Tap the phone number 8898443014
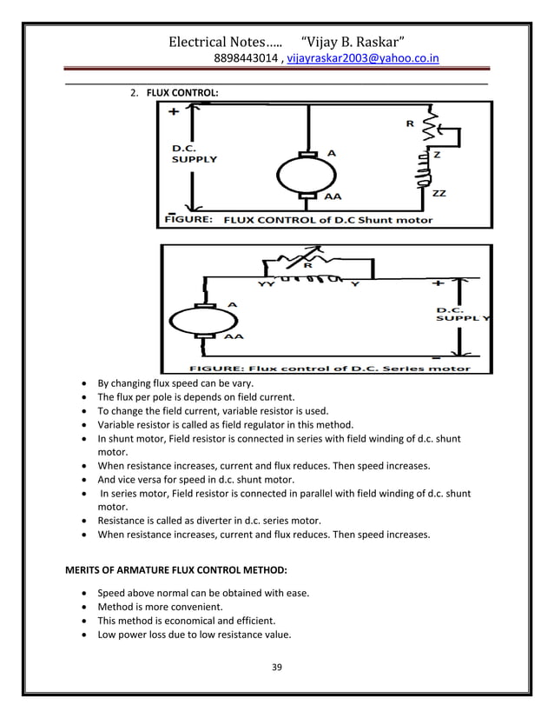click(x=244, y=59)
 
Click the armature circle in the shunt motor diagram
click(x=307, y=173)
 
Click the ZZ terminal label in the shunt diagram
click(x=439, y=194)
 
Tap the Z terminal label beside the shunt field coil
click(x=436, y=154)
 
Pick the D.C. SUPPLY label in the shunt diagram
click(x=194, y=154)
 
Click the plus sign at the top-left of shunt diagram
click(x=174, y=112)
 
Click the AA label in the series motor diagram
click(x=234, y=335)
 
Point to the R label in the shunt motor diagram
click(x=410, y=124)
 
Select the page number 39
click(x=278, y=667)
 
